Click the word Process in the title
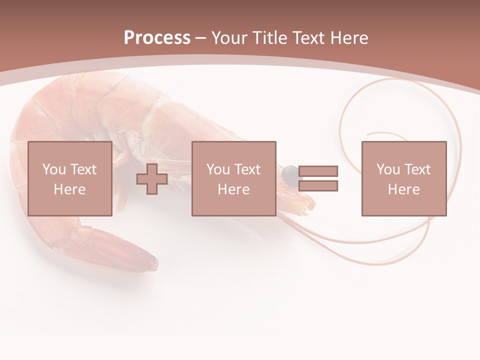coord(157,38)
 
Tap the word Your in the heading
coord(229,38)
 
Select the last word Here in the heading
coord(348,38)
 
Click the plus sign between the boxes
coord(152,178)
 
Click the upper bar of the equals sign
coord(318,171)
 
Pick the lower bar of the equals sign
coord(318,186)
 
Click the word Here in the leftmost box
coord(69,189)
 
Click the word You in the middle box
coord(218,169)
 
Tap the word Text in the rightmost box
coord(417,169)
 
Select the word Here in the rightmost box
coord(404,189)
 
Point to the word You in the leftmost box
coord(54,169)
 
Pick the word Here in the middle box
coord(233,189)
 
